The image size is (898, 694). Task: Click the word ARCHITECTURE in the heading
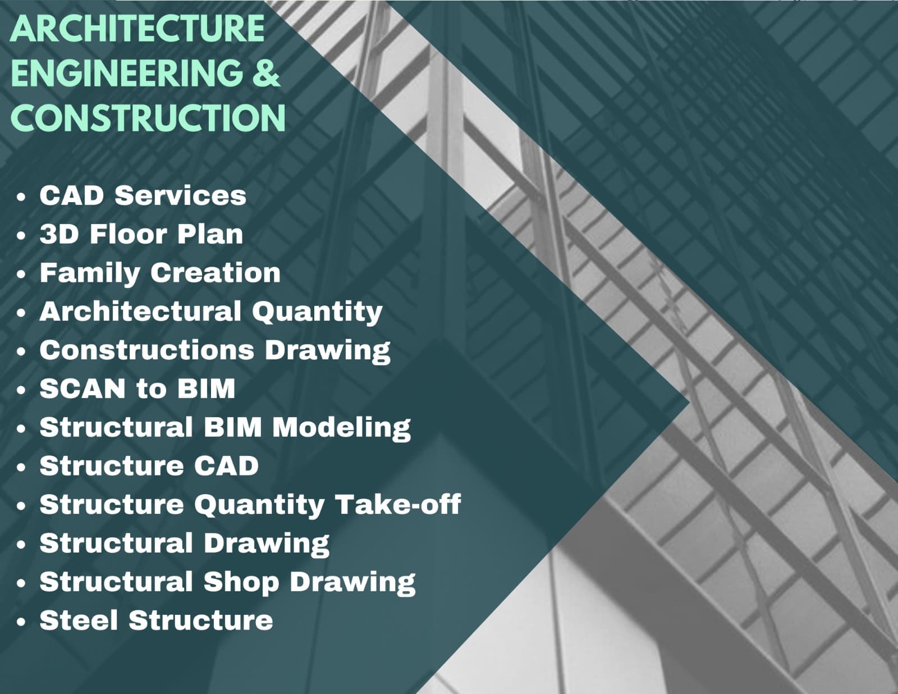tap(137, 28)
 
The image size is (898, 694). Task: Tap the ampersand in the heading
tap(266, 72)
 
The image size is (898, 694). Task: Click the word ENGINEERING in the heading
tap(127, 73)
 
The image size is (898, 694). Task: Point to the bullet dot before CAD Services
tap(21, 197)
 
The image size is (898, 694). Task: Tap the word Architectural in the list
tap(140, 311)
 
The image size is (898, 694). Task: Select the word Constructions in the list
tap(146, 350)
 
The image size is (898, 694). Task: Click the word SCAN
tap(83, 389)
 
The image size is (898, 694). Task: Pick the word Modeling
tap(341, 428)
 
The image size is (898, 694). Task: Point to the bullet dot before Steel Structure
tap(21, 622)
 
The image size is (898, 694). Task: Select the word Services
tap(181, 195)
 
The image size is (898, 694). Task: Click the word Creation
tap(216, 273)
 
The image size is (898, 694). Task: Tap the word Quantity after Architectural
tap(317, 312)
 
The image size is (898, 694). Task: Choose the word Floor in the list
tap(129, 234)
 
